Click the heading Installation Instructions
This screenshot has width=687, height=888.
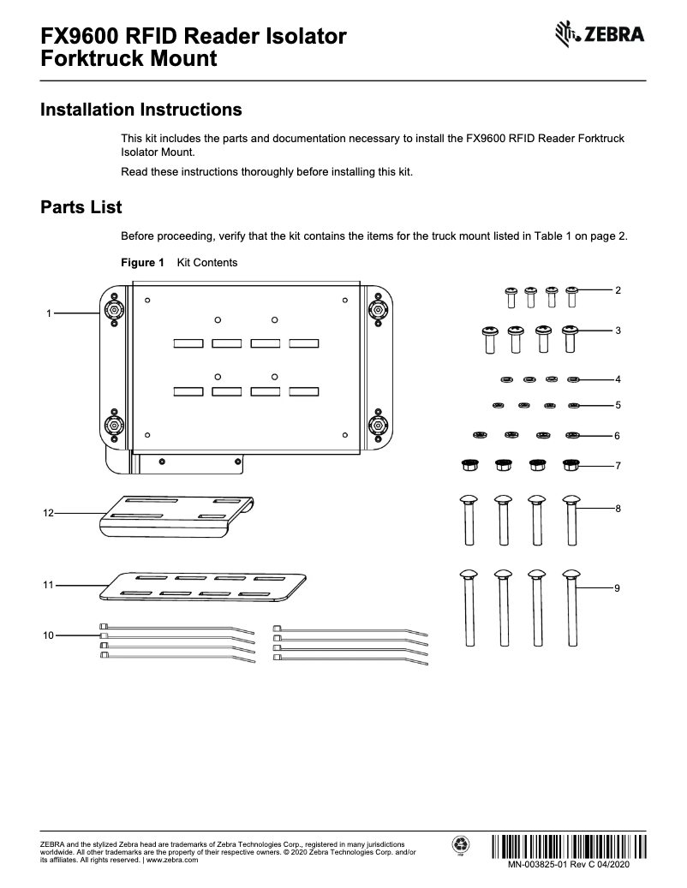[x=141, y=110]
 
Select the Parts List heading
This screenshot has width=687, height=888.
[x=81, y=207]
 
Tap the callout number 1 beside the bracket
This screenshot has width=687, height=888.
[x=49, y=314]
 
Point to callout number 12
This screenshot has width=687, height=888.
[x=48, y=513]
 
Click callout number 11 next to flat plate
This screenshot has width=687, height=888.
[x=48, y=585]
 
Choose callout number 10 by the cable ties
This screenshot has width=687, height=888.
[x=48, y=635]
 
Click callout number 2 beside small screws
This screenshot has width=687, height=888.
[x=618, y=291]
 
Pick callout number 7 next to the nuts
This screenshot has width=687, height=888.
[x=618, y=466]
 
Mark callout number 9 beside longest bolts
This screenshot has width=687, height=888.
[x=618, y=588]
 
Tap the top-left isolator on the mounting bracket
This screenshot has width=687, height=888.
[x=114, y=309]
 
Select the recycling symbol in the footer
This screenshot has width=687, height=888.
[x=460, y=845]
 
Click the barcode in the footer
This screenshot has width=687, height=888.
[x=570, y=846]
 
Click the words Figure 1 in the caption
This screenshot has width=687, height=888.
[x=142, y=263]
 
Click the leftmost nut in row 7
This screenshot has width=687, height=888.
[x=469, y=465]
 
